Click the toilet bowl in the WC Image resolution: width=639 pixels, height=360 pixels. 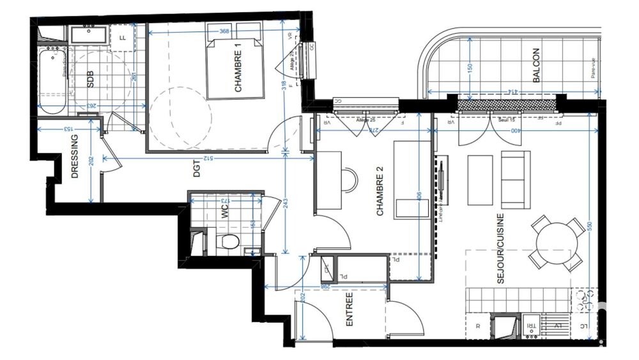tap(227, 241)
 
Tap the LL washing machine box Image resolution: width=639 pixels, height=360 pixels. tap(122, 38)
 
